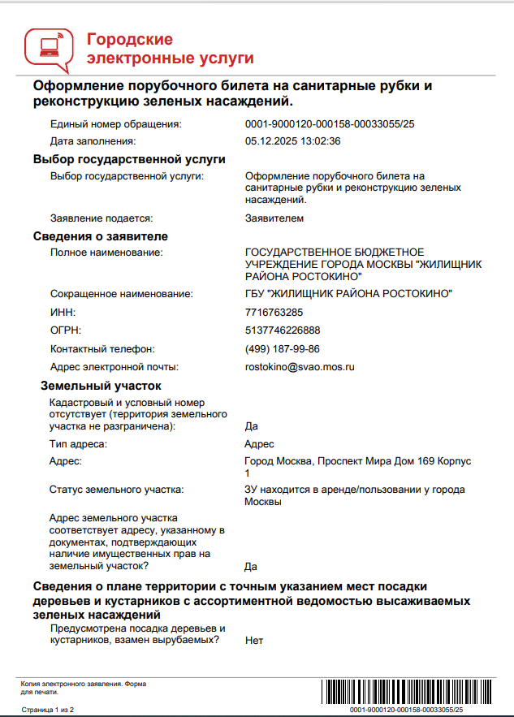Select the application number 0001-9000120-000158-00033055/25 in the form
click(x=330, y=124)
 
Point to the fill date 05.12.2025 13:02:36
click(x=292, y=140)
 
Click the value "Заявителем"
click(x=274, y=218)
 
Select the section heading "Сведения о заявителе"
click(x=100, y=236)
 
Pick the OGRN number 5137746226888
click(x=282, y=330)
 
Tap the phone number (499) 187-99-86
click(x=282, y=348)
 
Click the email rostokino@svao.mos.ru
click(x=300, y=367)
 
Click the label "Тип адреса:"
click(x=78, y=443)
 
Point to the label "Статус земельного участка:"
click(x=116, y=490)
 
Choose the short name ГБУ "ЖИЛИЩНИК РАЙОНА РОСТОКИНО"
click(x=348, y=293)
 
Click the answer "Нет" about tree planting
click(x=253, y=641)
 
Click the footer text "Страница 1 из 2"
click(x=48, y=710)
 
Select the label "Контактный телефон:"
click(x=102, y=348)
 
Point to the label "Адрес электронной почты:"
click(x=114, y=367)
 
